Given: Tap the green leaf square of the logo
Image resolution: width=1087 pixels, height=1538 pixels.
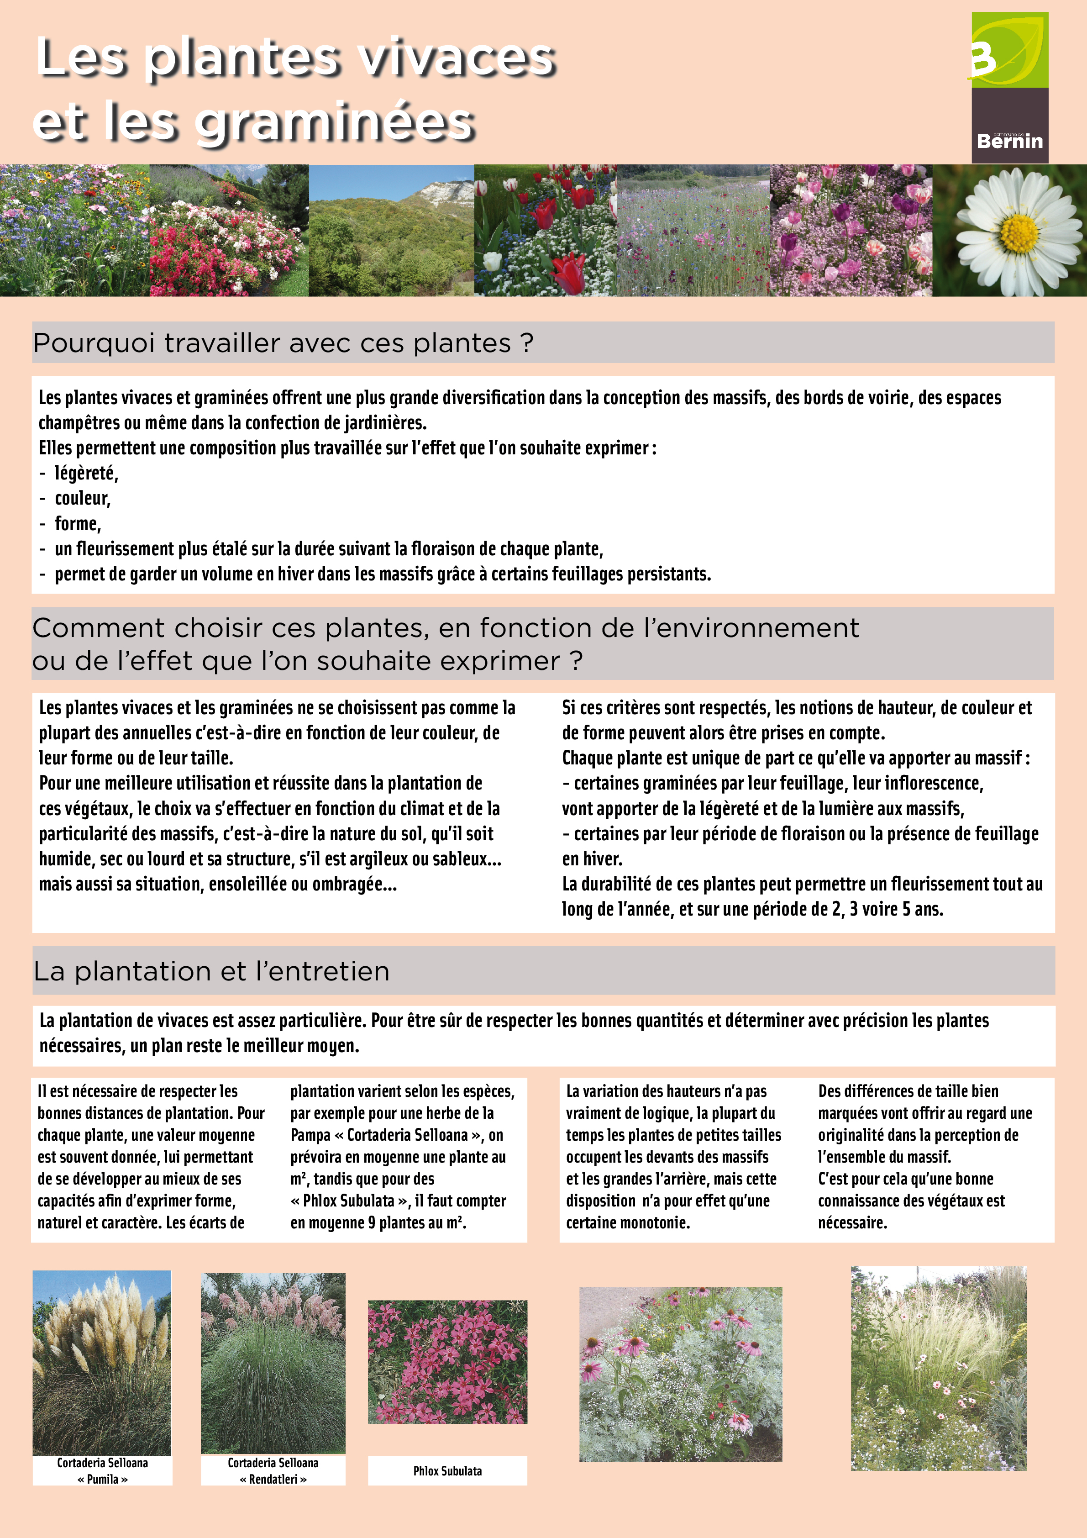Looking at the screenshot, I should pyautogui.click(x=1009, y=50).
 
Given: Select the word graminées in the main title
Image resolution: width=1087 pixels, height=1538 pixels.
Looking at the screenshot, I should pyautogui.click(x=336, y=122).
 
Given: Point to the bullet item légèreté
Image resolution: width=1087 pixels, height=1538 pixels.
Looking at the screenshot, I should pyautogui.click(x=86, y=474).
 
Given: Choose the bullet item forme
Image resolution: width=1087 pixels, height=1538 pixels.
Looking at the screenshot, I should pyautogui.click(x=78, y=524).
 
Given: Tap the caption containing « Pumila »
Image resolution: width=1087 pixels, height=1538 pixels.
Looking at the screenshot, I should pyautogui.click(x=102, y=1479).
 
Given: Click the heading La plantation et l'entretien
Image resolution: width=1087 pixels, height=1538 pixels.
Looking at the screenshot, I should pyautogui.click(x=212, y=971).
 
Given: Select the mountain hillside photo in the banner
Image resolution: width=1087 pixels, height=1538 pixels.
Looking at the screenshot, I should pyautogui.click(x=391, y=231).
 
